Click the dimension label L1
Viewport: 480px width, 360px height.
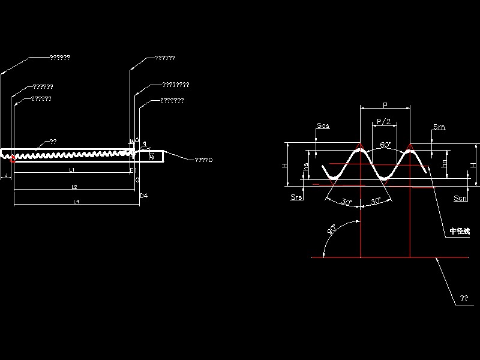(71, 170)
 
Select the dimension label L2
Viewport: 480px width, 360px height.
(74, 187)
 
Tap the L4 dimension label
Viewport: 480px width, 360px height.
(77, 202)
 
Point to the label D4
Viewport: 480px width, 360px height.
(143, 196)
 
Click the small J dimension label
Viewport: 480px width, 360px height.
(5, 176)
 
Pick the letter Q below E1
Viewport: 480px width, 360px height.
(137, 179)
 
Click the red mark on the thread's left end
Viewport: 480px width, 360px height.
(13, 159)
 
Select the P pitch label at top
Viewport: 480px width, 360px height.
(385, 105)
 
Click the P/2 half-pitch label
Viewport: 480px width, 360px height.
(384, 122)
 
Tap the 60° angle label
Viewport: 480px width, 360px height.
(385, 145)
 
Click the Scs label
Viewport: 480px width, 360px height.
(323, 126)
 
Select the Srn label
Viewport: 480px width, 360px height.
(439, 126)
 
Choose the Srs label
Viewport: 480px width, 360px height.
(296, 197)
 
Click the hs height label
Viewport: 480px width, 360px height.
(307, 167)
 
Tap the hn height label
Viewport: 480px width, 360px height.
(444, 163)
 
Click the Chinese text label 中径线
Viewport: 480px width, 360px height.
(460, 232)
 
